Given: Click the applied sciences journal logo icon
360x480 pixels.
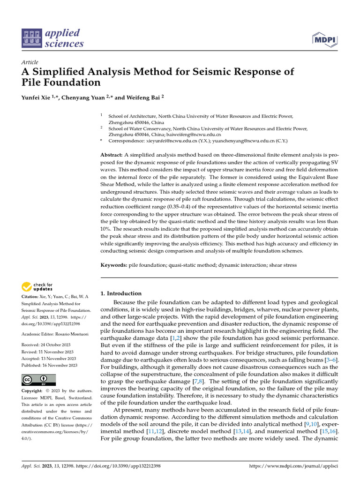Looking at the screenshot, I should (x=32, y=38).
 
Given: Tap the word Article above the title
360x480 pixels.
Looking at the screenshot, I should (x=30, y=62).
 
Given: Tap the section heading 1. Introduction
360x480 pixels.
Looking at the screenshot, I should (x=121, y=293).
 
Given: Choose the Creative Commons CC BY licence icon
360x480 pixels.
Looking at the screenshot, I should (x=38, y=380).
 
